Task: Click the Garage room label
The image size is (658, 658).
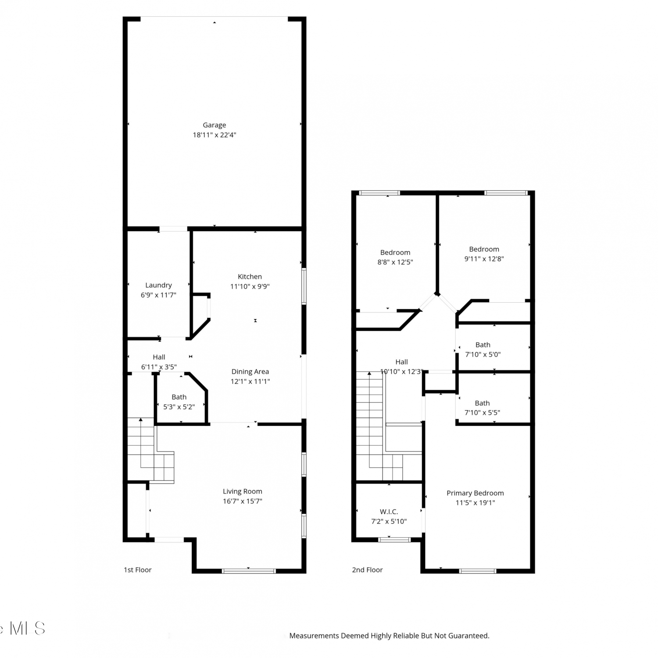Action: [214, 125]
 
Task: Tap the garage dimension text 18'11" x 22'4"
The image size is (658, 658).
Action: [214, 135]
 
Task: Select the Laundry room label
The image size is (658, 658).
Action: [158, 286]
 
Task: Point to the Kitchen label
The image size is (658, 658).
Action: [250, 277]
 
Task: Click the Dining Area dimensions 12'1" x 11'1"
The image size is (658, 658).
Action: [250, 382]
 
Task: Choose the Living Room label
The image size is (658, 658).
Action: [242, 492]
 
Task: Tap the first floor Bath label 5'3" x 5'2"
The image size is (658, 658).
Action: [179, 407]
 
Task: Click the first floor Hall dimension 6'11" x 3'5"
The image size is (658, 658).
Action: [159, 367]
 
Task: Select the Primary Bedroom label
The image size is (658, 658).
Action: [475, 493]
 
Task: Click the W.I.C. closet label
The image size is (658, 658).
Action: [389, 512]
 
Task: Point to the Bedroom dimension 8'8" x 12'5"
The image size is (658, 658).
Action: [395, 262]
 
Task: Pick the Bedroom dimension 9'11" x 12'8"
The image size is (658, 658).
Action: [484, 259]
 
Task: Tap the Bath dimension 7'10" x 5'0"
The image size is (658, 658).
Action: [483, 354]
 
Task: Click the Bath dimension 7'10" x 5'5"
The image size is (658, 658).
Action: [482, 413]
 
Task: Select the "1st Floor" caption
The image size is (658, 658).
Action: [137, 570]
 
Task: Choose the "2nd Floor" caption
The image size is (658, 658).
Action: [367, 570]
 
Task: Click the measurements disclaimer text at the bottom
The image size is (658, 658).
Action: [389, 636]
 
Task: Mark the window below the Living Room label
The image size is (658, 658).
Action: [249, 571]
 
